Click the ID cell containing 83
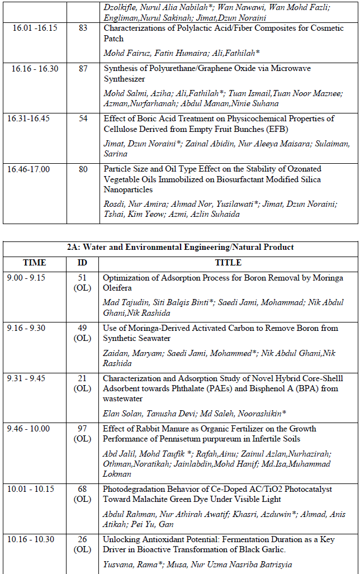click(83, 28)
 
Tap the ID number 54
click(83, 118)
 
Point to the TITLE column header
click(228, 262)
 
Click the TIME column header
click(35, 262)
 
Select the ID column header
click(82, 262)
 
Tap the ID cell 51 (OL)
click(82, 283)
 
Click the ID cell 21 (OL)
click(82, 383)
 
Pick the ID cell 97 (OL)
click(82, 434)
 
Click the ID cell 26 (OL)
click(82, 544)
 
